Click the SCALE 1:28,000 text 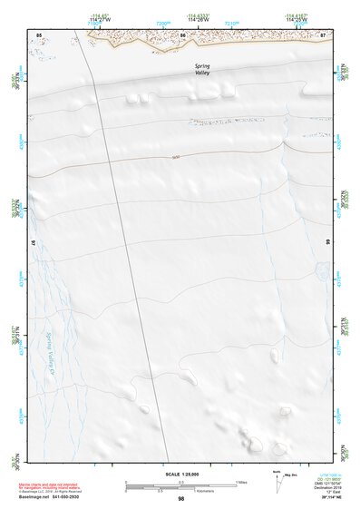tap(181, 474)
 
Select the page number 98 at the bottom tap(181, 498)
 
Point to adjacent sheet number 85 tap(39, 34)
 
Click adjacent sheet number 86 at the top tap(183, 34)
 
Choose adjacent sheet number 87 tap(323, 34)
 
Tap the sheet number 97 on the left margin tap(32, 243)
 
